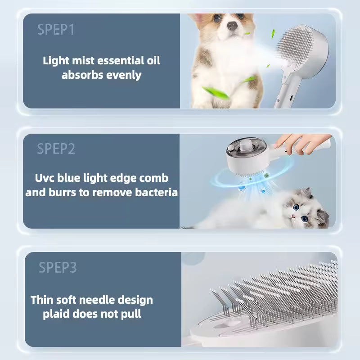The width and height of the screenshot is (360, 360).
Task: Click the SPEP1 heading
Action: tap(56, 30)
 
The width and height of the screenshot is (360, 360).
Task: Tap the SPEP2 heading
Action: tap(56, 149)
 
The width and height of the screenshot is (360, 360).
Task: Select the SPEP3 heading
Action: tap(58, 267)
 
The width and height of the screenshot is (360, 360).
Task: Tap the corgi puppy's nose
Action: tap(232, 25)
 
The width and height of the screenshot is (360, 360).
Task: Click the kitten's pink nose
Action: tap(293, 216)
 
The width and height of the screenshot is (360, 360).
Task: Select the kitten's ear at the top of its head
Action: tap(307, 193)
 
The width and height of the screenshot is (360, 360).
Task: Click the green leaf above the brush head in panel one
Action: tap(273, 33)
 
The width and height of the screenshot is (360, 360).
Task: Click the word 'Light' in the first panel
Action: tap(56, 61)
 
